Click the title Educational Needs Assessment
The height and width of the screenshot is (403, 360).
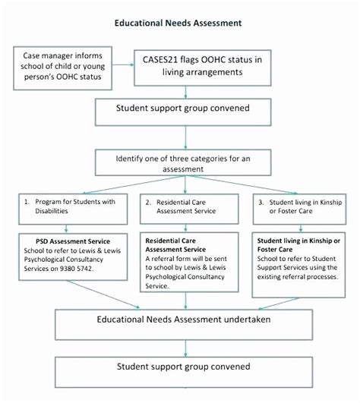click(x=178, y=23)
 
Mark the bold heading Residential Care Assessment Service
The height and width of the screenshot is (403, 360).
click(x=175, y=244)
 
